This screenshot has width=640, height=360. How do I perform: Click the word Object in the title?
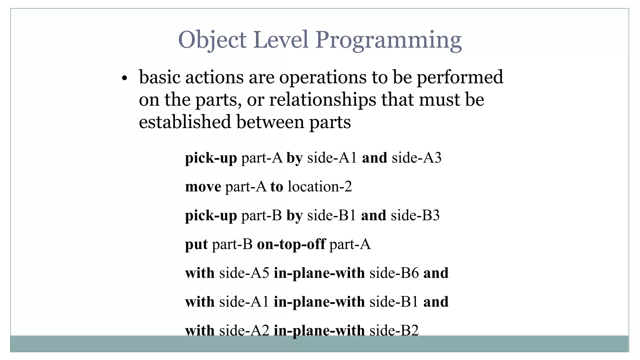tap(212, 40)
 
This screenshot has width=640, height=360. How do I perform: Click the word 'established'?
tap(185, 122)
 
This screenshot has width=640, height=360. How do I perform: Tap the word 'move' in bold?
tap(203, 187)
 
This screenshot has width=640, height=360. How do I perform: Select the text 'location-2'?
tap(320, 187)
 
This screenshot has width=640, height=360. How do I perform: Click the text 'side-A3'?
tap(417, 158)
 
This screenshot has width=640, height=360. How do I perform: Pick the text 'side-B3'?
tap(415, 216)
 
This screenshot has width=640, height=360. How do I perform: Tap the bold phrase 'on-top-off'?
tap(291, 244)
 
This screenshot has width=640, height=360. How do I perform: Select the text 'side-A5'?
tap(244, 273)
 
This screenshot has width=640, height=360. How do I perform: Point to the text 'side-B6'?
tap(394, 273)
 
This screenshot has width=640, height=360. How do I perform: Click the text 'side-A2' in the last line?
tap(244, 331)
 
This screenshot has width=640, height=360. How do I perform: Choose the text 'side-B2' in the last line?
tap(394, 331)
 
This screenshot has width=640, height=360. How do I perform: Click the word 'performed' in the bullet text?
tap(460, 77)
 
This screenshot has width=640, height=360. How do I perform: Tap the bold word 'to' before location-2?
tap(277, 187)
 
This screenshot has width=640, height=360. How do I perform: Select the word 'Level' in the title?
tap(281, 40)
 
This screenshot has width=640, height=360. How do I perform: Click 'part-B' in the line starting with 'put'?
tap(232, 244)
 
